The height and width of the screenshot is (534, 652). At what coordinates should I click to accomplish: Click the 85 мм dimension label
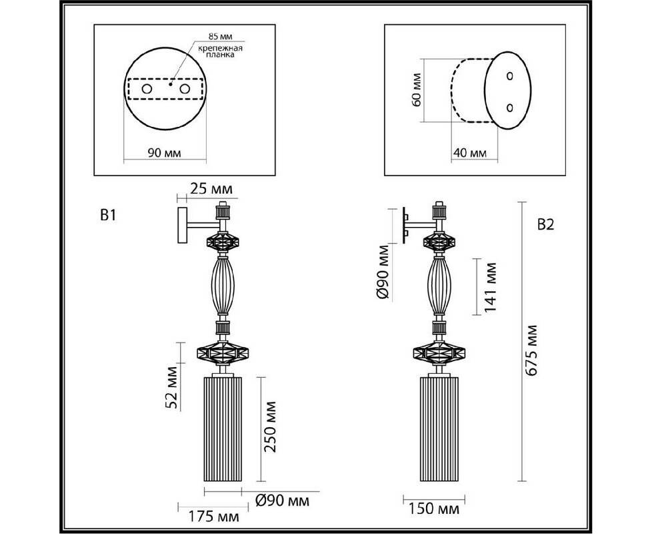point(220,37)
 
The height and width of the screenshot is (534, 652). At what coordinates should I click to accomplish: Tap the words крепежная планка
point(220,51)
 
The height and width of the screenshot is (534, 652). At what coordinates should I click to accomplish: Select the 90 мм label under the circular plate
point(164,153)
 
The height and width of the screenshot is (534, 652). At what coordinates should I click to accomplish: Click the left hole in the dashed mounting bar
point(147,89)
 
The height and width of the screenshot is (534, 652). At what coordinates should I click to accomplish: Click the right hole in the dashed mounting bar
point(185,89)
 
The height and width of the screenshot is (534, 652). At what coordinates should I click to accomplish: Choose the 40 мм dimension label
point(470,153)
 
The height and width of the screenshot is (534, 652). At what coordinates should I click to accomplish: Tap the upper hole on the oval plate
point(510,76)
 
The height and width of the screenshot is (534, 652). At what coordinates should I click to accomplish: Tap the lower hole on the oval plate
point(510,107)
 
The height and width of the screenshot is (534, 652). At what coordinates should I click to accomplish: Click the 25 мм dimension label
point(211,190)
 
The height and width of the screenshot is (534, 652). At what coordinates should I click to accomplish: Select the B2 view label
point(546,225)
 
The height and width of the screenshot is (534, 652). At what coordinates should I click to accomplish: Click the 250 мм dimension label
point(270,427)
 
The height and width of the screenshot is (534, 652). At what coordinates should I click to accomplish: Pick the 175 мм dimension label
point(214,517)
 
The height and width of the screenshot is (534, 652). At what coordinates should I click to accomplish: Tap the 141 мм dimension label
point(491,287)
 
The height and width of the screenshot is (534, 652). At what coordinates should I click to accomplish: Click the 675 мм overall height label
point(531,350)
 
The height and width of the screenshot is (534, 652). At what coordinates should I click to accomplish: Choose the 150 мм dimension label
point(434,509)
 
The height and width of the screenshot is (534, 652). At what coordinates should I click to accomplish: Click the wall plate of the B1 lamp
point(182,225)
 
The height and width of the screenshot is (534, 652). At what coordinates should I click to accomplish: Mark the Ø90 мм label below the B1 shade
point(283,501)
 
